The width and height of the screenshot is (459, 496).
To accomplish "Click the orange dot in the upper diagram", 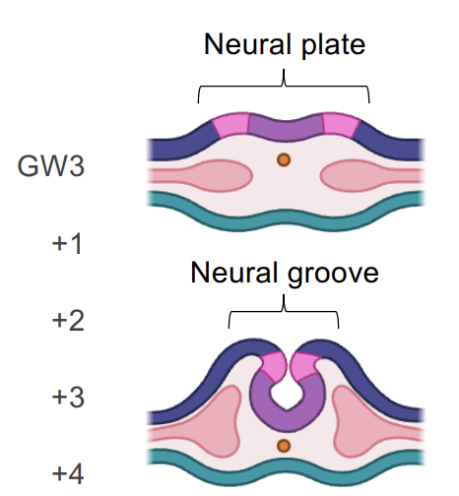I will (x=283, y=159).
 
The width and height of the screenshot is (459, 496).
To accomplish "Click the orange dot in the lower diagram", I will (x=284, y=447).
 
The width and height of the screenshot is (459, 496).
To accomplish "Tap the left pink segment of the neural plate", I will (x=230, y=125).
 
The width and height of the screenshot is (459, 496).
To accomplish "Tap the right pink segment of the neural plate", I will (x=340, y=125).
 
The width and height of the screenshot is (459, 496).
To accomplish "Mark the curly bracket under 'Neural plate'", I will (x=284, y=86).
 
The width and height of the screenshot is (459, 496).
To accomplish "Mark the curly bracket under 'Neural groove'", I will (x=284, y=313).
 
